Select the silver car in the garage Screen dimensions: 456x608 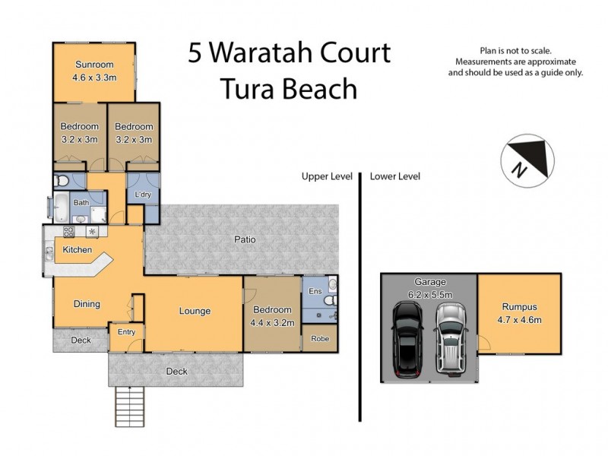click(450, 338)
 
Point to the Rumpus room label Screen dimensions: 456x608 click(519, 307)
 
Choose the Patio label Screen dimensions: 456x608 click(245, 240)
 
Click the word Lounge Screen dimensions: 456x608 click(195, 311)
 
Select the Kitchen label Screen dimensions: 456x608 click(78, 250)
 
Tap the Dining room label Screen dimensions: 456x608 click(87, 304)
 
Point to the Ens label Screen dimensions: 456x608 click(315, 291)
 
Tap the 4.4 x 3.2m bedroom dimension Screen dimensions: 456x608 click(272, 322)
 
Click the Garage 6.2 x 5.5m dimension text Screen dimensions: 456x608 click(429, 293)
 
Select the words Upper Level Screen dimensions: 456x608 click(327, 176)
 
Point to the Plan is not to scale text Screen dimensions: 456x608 click(515, 49)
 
